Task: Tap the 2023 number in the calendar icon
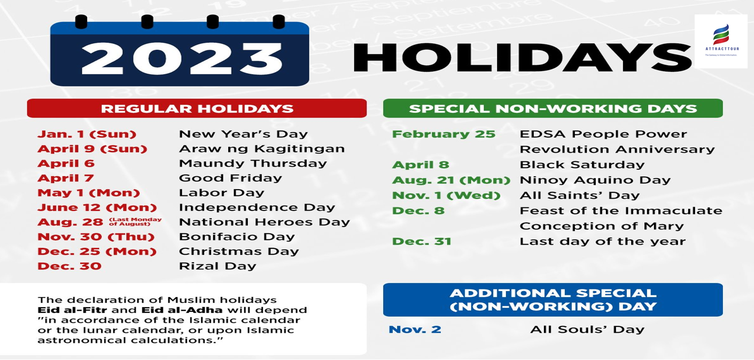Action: point(182,57)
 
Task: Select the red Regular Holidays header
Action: point(197,108)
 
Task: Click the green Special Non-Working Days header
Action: point(553,108)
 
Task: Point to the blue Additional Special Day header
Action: point(553,300)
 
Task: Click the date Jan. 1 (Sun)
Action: point(87,134)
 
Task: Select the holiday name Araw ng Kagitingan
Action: point(262,148)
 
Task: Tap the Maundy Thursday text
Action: point(253,163)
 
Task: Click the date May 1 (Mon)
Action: point(89,193)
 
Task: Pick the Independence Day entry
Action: point(257,207)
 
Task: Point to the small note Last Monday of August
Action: point(135,222)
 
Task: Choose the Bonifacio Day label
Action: point(237,237)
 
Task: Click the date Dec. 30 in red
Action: point(69,266)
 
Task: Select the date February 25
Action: point(444,134)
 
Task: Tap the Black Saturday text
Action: point(582,165)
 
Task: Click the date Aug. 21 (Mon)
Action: point(451,181)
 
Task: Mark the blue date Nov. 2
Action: point(415,329)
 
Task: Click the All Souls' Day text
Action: point(587,329)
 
